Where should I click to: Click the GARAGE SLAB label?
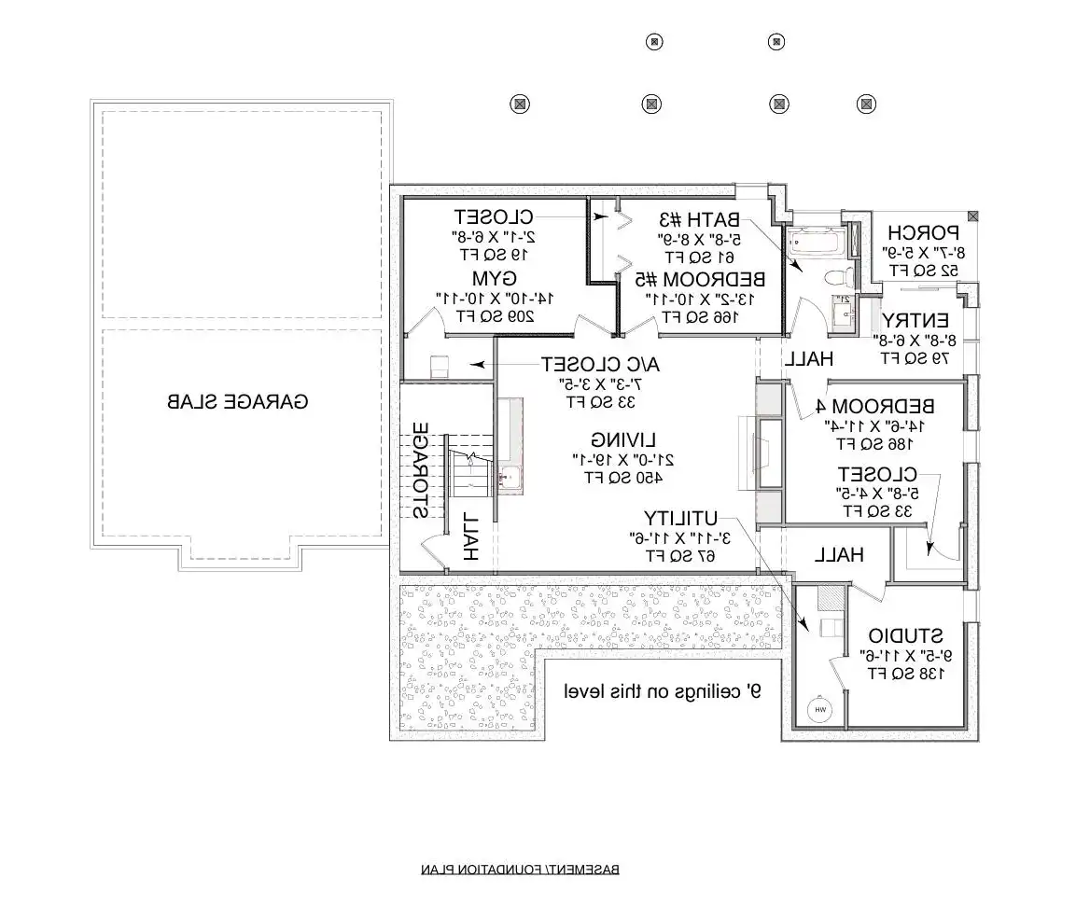click(x=237, y=402)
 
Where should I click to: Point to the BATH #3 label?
click(x=699, y=220)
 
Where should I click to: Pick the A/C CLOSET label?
click(x=587, y=363)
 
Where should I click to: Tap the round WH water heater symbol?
click(x=821, y=711)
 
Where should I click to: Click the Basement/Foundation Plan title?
click(x=520, y=870)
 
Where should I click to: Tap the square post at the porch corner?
click(x=973, y=216)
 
